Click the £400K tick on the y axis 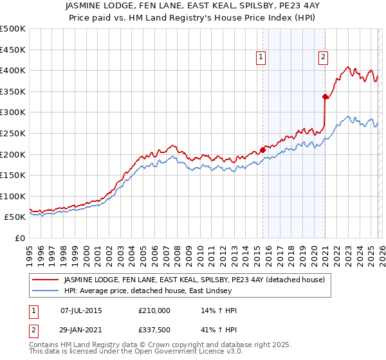[x=13, y=70]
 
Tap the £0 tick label [x=20, y=238]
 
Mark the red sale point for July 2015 [x=263, y=150]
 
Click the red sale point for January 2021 [x=326, y=97]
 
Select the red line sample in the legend [x=46, y=280]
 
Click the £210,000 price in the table [x=154, y=310]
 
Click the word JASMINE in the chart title [x=104, y=4]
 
